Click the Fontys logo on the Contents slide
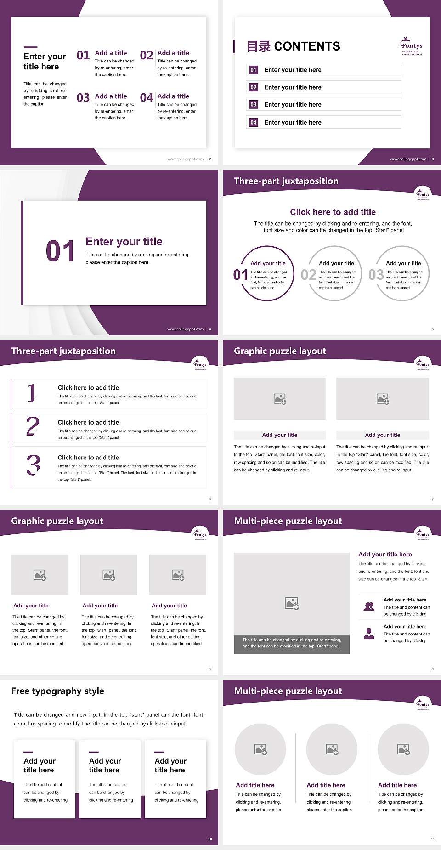coord(412,46)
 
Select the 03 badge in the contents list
coord(254,105)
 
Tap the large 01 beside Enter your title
coord(60,251)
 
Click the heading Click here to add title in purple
coord(333,212)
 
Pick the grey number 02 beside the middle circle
coord(308,275)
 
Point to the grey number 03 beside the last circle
coord(376,275)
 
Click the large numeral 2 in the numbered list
coord(33,426)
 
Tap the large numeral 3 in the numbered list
coord(33,465)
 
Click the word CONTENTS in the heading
coord(307,46)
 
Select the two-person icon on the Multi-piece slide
coord(369,606)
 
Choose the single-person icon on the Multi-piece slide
coord(369,634)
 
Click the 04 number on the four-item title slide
coord(147,98)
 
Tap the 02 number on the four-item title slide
coord(147,56)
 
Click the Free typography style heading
coord(57,691)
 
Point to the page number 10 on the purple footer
coord(210,839)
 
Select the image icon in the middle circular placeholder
coord(332,749)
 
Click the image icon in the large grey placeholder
coord(292,603)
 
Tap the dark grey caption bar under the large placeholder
coord(292,643)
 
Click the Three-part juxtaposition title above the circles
coord(286,181)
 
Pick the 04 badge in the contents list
coord(254,122)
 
